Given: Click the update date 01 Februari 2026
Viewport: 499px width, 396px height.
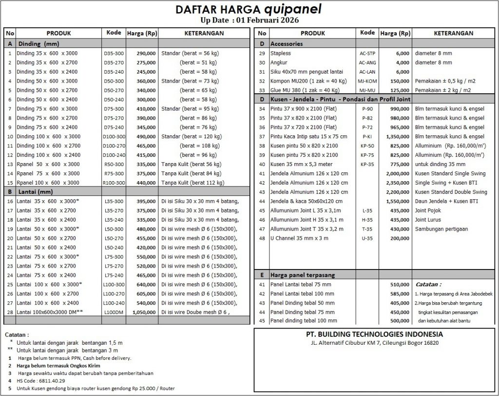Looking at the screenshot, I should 267,20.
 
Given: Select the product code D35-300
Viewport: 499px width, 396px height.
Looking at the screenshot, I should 114,53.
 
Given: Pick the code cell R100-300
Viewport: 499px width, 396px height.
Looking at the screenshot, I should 114,183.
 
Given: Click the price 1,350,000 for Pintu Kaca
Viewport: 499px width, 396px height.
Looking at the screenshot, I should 397,137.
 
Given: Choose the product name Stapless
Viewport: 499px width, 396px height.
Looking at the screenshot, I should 281,53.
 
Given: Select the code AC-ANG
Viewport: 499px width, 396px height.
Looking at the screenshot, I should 367,63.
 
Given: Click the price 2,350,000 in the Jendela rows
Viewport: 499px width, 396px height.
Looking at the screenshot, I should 397,183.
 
